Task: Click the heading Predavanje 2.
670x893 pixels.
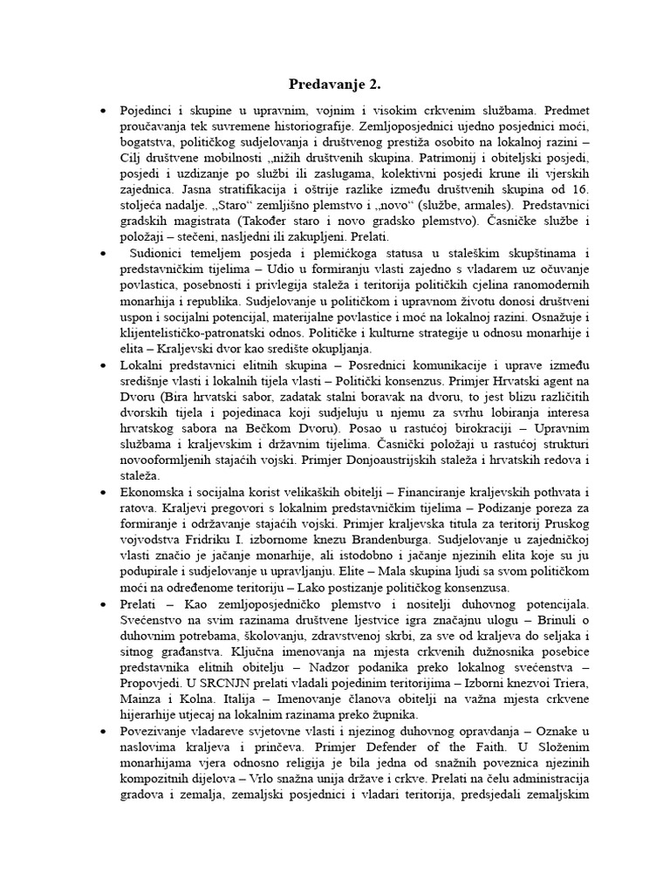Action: pyautogui.click(x=335, y=85)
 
